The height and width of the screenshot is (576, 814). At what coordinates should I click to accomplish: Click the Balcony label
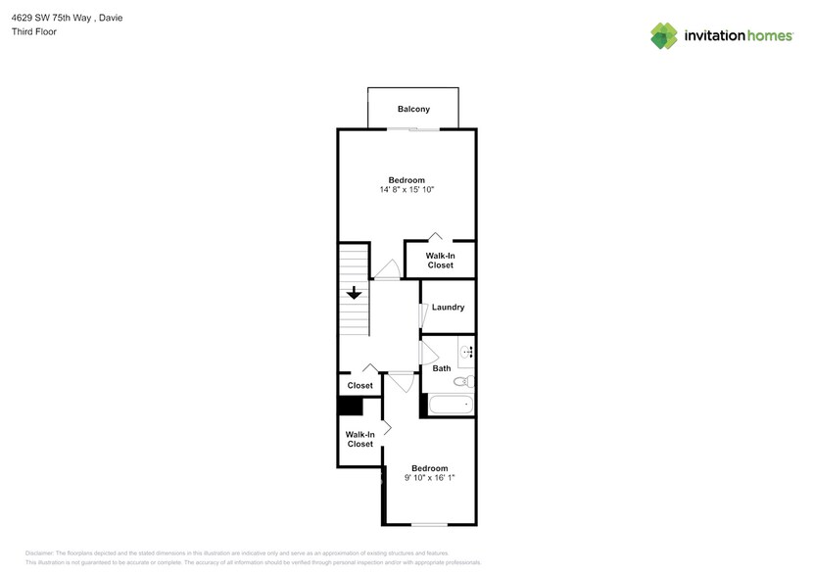pos(412,109)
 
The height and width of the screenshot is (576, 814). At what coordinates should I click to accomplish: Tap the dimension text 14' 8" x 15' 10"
pos(407,189)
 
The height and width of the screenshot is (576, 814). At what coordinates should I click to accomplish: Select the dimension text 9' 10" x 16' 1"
pos(429,477)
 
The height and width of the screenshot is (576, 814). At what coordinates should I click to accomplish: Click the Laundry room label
pos(448,308)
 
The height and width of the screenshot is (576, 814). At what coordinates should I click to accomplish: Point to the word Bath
pos(442,368)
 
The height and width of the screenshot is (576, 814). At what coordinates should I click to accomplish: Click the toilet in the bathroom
pos(467,381)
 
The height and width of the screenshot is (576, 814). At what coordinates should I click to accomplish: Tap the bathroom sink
pos(467,352)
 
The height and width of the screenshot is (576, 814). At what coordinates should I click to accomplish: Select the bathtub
pos(450,404)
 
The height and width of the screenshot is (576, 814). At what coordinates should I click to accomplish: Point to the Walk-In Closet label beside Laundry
pos(440,260)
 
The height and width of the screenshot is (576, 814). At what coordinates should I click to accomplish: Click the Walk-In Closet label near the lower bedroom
pos(359,439)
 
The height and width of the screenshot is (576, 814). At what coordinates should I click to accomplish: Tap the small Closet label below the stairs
pos(359,385)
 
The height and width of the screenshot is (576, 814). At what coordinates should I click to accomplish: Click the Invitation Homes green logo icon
pos(664,35)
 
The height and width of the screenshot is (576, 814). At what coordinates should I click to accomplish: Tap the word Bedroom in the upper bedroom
pos(407,179)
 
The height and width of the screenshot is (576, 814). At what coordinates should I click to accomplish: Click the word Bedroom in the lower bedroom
pos(429,467)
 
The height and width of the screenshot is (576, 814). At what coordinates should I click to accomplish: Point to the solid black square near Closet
pos(345,408)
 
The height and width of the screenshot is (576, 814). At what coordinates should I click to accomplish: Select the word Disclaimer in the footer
pos(40,553)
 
